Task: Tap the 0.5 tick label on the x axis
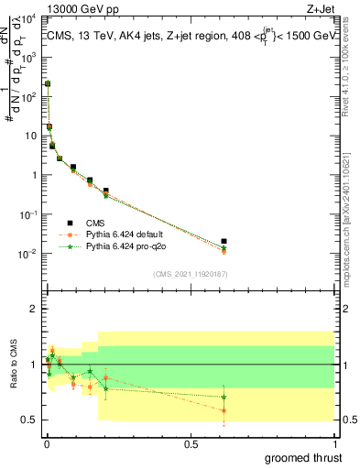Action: [x=191, y=442]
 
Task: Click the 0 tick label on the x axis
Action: [x=47, y=442]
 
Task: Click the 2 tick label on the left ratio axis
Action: [x=34, y=309]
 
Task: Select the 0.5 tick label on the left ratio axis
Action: [x=30, y=420]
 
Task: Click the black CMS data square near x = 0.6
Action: [x=224, y=242]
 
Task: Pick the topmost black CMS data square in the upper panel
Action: [x=48, y=83]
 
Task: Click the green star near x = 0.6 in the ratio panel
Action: [x=224, y=398]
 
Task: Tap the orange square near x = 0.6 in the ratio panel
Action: [x=224, y=410]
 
